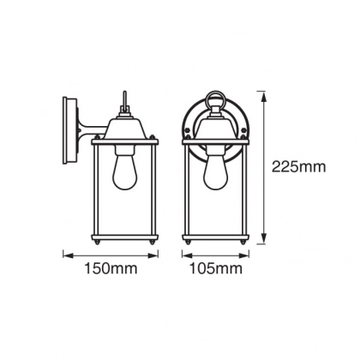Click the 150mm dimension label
(111, 268)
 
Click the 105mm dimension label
(216, 268)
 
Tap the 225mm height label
(298, 167)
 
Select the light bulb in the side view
(124, 171)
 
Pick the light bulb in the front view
(215, 171)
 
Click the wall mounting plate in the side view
(70, 130)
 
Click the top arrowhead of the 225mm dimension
(264, 97)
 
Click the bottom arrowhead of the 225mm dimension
(264, 239)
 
